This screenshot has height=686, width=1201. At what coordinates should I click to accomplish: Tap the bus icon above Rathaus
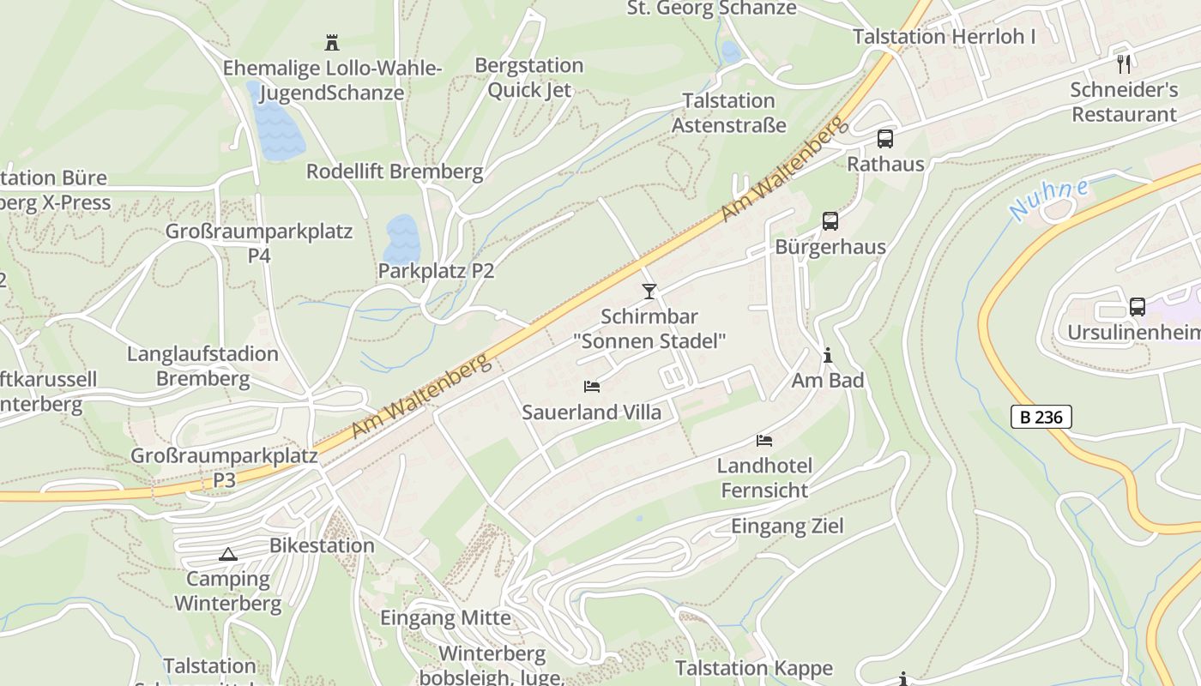(x=884, y=139)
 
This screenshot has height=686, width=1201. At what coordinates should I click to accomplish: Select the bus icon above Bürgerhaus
(x=830, y=221)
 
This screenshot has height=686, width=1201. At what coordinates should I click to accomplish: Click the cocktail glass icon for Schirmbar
(x=649, y=292)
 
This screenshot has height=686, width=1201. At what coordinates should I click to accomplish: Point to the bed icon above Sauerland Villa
(x=592, y=387)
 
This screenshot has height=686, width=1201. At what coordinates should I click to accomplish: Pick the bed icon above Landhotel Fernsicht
(x=764, y=441)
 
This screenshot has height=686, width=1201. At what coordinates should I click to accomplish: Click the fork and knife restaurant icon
(x=1124, y=63)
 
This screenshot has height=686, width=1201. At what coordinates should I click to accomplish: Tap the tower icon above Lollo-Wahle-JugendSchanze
(x=332, y=42)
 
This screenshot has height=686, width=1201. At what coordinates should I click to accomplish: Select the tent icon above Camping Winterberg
(x=227, y=554)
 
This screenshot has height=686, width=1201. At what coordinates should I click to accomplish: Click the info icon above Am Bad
(x=828, y=354)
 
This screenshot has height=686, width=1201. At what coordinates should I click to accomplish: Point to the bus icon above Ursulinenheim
(x=1138, y=306)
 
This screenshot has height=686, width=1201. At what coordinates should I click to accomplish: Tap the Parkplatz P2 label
(x=436, y=271)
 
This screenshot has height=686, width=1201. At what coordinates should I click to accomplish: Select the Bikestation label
(x=322, y=545)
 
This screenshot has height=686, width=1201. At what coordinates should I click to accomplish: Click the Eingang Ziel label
(x=787, y=527)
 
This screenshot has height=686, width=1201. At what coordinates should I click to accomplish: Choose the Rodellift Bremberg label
(x=395, y=171)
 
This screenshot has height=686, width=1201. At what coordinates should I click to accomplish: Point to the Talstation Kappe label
(x=753, y=668)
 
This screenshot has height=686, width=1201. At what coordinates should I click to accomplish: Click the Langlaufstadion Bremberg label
(x=202, y=366)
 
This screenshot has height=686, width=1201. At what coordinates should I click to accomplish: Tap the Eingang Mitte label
(x=445, y=617)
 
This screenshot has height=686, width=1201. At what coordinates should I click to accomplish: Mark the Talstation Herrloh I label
(x=944, y=37)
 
